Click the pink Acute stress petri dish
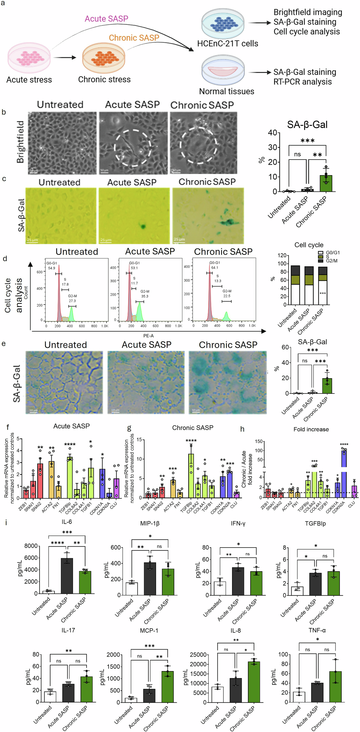[x=29, y=58]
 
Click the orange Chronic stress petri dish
[x=104, y=58]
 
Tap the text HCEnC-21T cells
[x=227, y=44]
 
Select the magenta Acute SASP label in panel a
[x=106, y=19]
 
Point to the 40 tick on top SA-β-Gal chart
[x=272, y=133]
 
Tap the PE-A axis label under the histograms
[x=148, y=336]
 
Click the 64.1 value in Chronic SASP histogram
[x=215, y=268]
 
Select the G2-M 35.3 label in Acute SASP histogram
[x=145, y=294]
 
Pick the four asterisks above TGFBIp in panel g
[x=191, y=441]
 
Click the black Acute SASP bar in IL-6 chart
[x=67, y=576]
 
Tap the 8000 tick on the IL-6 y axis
[x=31, y=546]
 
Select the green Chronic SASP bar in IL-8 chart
[x=254, y=682]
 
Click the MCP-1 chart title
[x=149, y=630]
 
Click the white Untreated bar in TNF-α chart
[x=299, y=697]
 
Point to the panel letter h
[x=242, y=429]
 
